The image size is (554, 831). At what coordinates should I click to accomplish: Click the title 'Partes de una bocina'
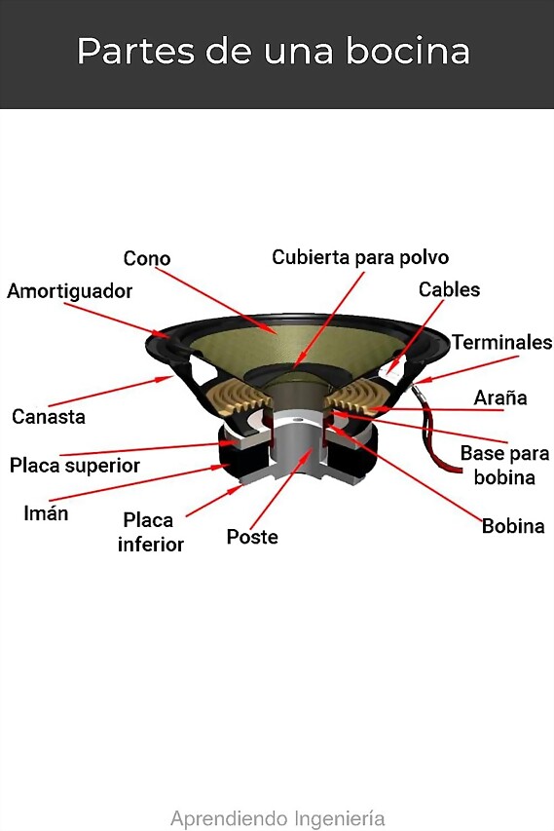[x=274, y=51]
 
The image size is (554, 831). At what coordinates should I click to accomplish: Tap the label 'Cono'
[x=147, y=258]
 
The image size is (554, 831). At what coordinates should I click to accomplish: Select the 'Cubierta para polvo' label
[x=360, y=257]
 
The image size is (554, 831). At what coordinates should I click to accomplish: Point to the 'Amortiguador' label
[x=69, y=291]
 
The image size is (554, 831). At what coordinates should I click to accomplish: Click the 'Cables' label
[x=449, y=289]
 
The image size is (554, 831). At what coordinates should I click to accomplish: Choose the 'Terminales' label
[x=501, y=342]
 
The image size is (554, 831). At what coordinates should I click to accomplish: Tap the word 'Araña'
[x=500, y=397]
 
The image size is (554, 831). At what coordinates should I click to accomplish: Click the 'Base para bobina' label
[x=504, y=466]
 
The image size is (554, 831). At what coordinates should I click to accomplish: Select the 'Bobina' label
[x=513, y=526]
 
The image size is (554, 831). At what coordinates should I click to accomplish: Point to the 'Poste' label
[x=252, y=537]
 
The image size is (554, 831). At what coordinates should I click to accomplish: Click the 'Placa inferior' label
[x=150, y=532]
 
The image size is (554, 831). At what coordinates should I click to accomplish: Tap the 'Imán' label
[x=46, y=513]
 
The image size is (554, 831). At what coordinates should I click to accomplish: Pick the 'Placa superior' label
[x=75, y=466]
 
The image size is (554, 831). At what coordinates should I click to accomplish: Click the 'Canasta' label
[x=49, y=417]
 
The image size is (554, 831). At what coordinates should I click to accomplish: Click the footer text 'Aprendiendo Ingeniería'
[x=277, y=818]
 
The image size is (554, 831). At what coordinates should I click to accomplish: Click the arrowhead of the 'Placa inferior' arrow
[x=235, y=490]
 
